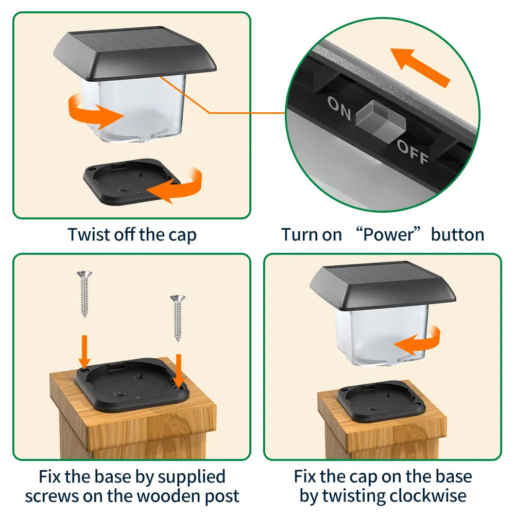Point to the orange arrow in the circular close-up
click(420, 66)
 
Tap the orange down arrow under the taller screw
click(85, 350)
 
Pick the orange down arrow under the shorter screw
click(178, 370)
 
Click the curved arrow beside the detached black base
click(177, 185)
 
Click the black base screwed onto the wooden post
click(131, 384)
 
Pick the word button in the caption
click(457, 235)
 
